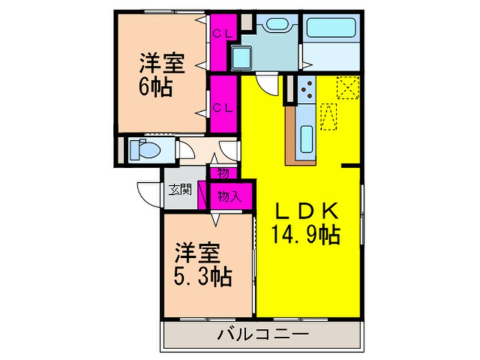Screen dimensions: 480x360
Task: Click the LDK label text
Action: tap(307, 211)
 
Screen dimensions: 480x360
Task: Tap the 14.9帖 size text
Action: tap(305, 235)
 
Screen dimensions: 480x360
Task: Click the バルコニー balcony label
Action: tap(263, 334)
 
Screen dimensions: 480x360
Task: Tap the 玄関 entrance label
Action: tap(180, 190)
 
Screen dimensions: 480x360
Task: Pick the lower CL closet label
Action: tap(222, 108)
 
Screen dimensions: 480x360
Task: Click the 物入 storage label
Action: tap(230, 196)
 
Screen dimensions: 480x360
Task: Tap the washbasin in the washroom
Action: tap(277, 24)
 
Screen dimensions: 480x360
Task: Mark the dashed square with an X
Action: tap(348, 87)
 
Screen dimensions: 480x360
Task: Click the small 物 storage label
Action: tap(224, 174)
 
